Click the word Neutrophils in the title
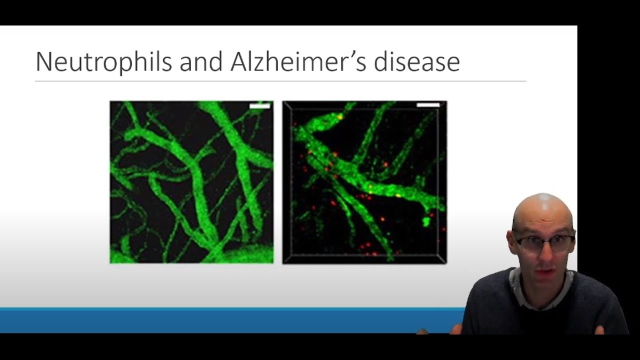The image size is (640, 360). tap(103, 62)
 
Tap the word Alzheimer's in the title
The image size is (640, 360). tap(298, 61)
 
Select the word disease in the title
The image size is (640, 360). tap(417, 61)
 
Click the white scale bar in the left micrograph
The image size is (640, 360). tap(259, 106)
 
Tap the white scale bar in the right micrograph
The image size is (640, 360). tap(428, 105)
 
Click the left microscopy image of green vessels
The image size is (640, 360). tap(191, 182)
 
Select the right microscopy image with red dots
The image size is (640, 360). tap(364, 182)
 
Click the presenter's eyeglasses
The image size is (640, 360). tap(545, 243)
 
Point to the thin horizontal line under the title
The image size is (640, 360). tap(280, 81)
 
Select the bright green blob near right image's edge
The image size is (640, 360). tap(426, 221)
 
